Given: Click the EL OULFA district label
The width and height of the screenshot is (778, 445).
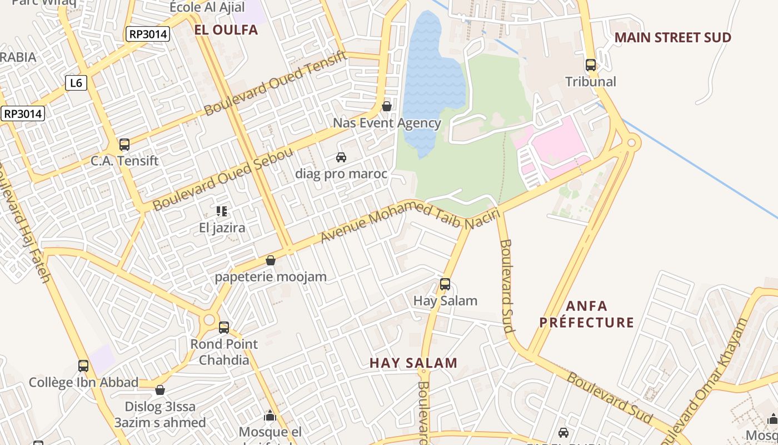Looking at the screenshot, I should click(x=226, y=30).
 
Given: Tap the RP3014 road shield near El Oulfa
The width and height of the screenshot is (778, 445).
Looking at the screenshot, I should click(x=147, y=34).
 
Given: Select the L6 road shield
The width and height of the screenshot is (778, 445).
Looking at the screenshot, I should click(x=76, y=83).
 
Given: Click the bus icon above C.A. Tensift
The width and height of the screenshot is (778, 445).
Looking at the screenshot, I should click(x=124, y=145).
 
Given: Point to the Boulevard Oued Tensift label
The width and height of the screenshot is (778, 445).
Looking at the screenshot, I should click(x=276, y=83).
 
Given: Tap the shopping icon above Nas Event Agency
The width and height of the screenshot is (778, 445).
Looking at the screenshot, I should click(x=387, y=106).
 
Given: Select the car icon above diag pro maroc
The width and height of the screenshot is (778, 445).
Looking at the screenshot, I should click(x=341, y=157).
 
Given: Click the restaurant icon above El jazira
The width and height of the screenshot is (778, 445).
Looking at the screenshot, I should click(x=222, y=211).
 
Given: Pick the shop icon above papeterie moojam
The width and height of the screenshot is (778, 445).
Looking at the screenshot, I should click(x=271, y=260).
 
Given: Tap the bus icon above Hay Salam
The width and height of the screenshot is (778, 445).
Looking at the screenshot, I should click(x=445, y=284).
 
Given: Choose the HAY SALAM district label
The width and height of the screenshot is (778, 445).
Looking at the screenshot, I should click(x=413, y=363).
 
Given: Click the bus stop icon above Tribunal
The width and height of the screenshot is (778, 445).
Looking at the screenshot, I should click(x=591, y=65).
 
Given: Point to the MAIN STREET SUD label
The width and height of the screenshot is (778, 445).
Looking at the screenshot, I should click(x=672, y=38).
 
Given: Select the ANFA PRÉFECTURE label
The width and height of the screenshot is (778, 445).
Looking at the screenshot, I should click(x=587, y=314).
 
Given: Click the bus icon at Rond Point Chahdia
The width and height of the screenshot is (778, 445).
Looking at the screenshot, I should click(x=224, y=328).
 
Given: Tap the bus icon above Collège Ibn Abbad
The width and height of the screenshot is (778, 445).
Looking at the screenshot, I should click(x=83, y=366).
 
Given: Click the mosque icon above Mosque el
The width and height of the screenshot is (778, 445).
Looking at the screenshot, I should click(x=270, y=416).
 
